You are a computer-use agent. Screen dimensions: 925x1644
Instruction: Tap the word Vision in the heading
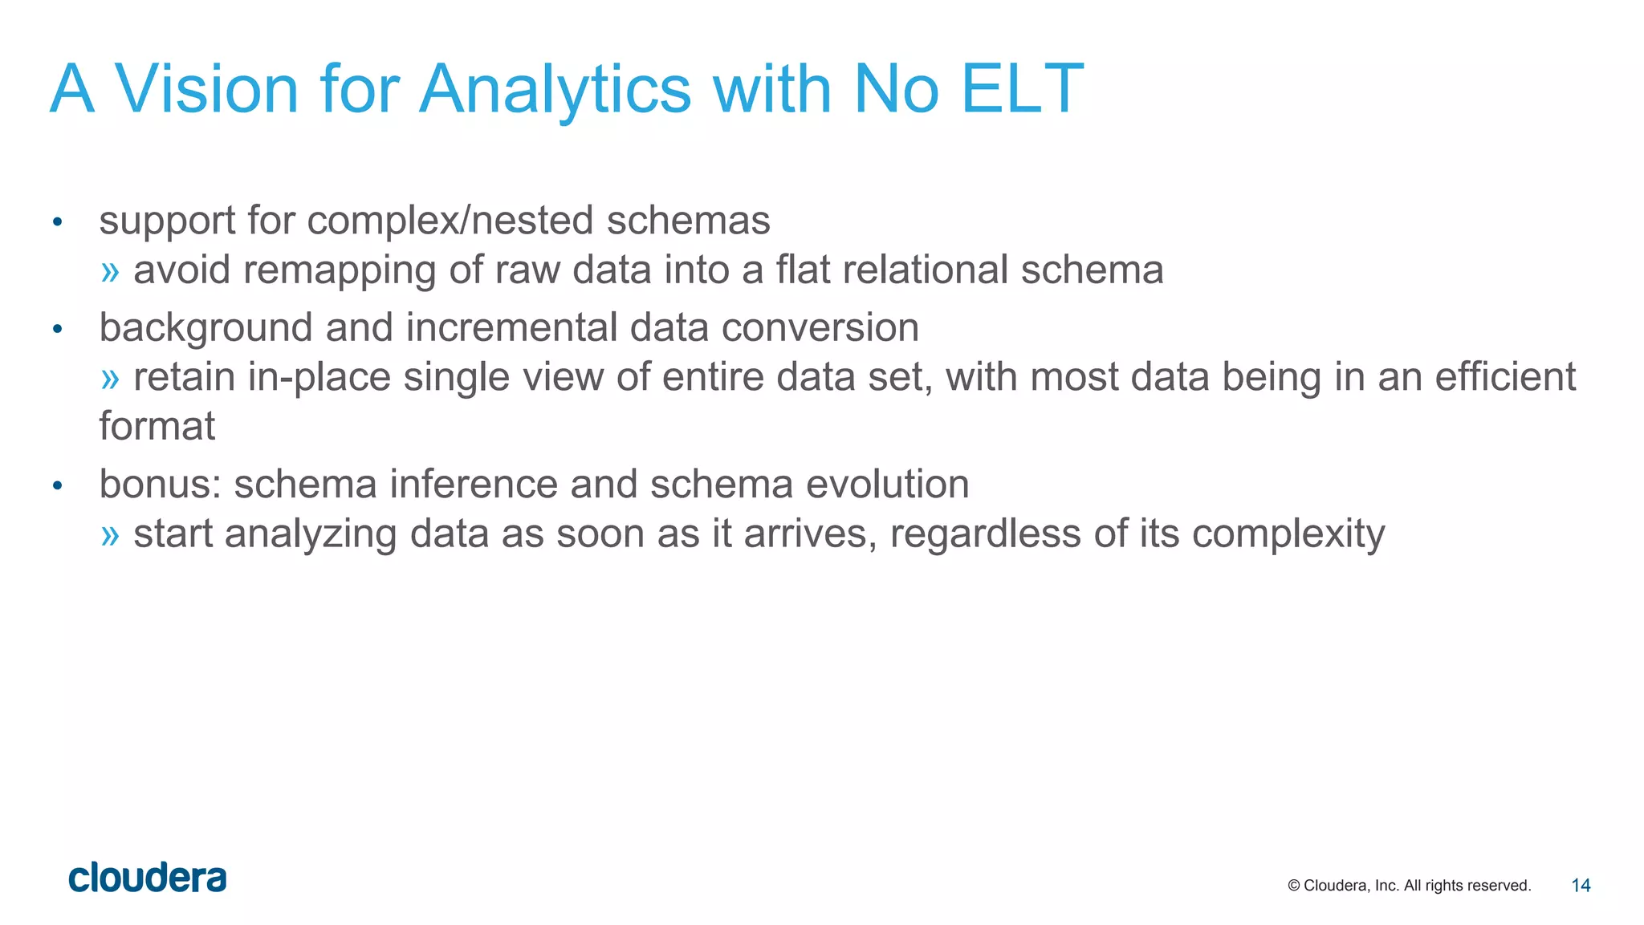point(207,88)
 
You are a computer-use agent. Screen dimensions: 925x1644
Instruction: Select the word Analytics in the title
point(555,88)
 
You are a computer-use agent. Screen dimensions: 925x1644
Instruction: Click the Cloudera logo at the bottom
point(148,878)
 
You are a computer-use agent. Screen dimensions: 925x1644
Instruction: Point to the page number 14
point(1581,886)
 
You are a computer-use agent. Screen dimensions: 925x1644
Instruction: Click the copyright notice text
point(1409,886)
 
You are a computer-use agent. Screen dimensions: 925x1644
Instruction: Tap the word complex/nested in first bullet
point(450,221)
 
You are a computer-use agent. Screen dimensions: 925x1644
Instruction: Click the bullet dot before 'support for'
point(57,222)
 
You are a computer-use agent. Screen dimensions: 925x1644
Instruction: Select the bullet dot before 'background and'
point(57,329)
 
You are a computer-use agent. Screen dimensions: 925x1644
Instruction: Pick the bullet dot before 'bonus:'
point(57,485)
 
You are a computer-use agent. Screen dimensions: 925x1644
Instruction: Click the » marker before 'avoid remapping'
point(110,271)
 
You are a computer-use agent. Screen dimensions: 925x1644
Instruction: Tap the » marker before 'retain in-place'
point(110,378)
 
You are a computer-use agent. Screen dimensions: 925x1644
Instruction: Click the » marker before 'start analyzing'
point(110,535)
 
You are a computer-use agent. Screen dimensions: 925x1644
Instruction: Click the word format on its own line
point(157,426)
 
